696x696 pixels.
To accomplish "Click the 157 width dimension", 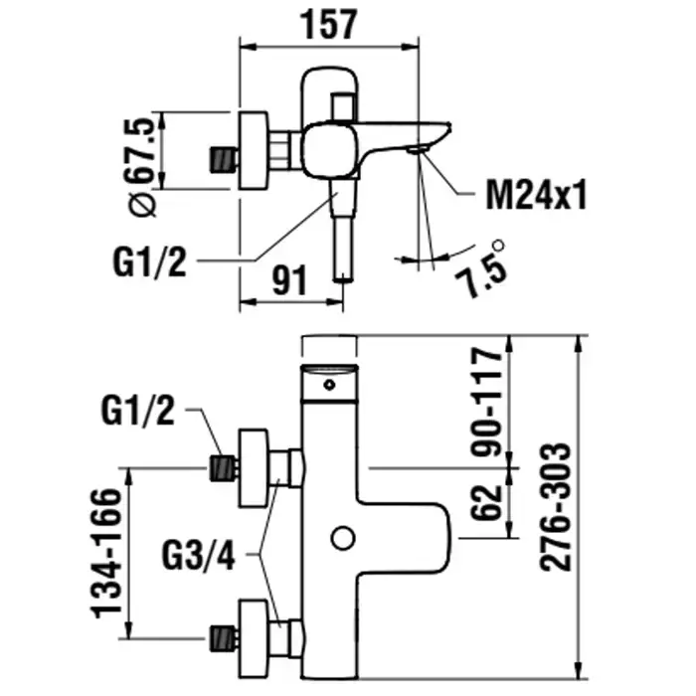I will point(328,24).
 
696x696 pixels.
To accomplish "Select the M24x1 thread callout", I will point(535,195).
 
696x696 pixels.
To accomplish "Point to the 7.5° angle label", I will point(481,265).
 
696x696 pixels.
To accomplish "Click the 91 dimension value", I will point(289,281).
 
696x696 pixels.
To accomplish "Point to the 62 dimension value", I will point(487,501).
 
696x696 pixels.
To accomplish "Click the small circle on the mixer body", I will point(342,539).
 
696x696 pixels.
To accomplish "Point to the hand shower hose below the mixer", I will point(344,249).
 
